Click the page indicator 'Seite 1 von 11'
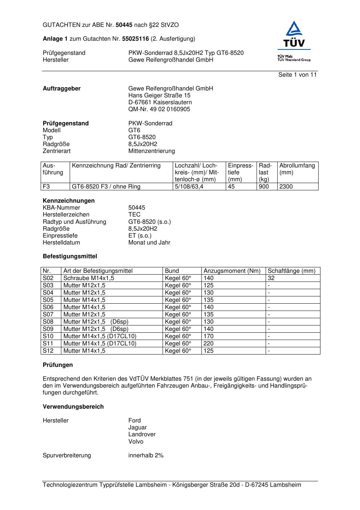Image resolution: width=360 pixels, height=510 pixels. pyautogui.click(x=297, y=75)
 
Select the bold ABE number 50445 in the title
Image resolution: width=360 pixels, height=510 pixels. pyautogui.click(x=124, y=25)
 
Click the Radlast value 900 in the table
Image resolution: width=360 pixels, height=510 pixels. pyautogui.click(x=264, y=187)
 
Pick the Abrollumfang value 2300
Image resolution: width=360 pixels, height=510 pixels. pyautogui.click(x=286, y=187)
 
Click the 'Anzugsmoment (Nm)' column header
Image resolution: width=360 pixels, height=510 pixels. pyautogui.click(x=232, y=271)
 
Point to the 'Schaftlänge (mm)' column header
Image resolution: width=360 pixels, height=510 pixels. pyautogui.click(x=291, y=271)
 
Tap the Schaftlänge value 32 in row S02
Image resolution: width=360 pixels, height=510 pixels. pyautogui.click(x=271, y=278)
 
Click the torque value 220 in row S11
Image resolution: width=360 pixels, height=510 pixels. pyautogui.click(x=209, y=344)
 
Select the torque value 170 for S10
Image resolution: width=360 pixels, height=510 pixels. pyautogui.click(x=209, y=336)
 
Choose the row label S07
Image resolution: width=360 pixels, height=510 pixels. pyautogui.click(x=48, y=315)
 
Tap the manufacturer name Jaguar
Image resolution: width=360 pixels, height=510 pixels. pyautogui.click(x=138, y=428)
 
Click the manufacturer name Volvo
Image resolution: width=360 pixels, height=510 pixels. pyautogui.click(x=136, y=442)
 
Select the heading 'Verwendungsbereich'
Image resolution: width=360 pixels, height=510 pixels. pyautogui.click(x=73, y=407)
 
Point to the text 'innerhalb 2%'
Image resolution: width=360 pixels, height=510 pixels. pyautogui.click(x=146, y=456)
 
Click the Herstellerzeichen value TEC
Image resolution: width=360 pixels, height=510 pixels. pyautogui.click(x=134, y=215)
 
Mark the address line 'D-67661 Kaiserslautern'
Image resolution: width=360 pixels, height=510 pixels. pyautogui.click(x=160, y=102)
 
